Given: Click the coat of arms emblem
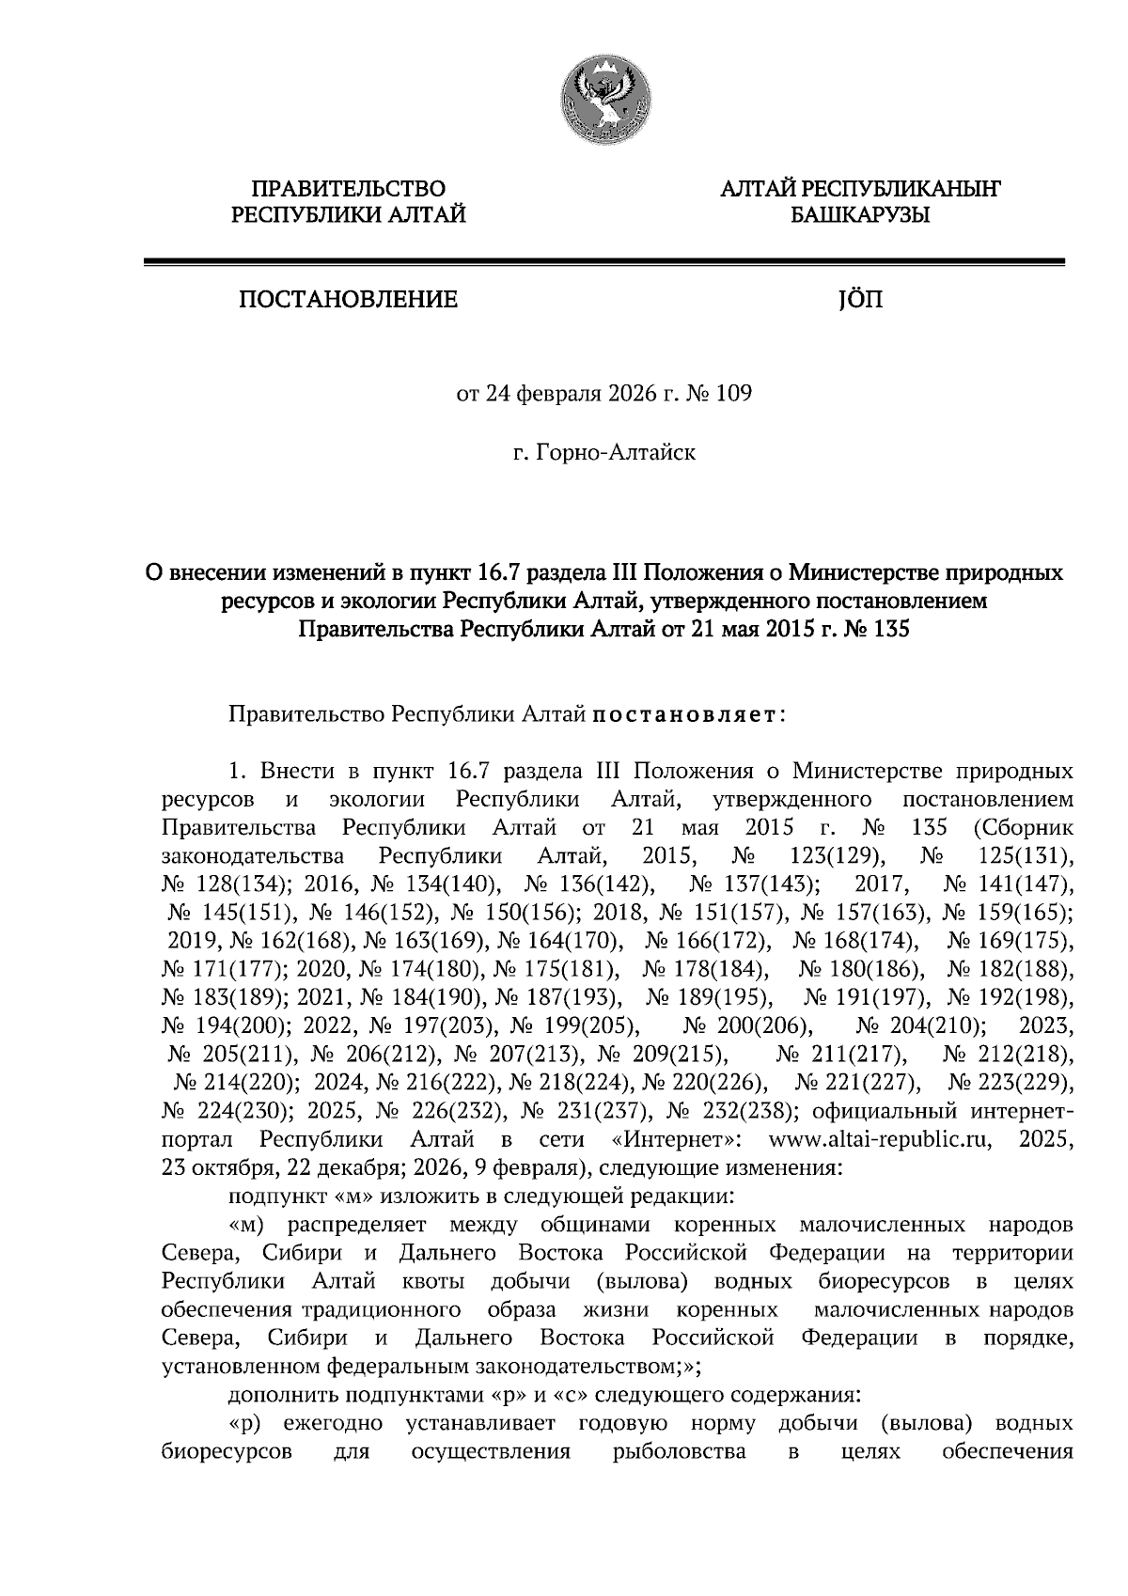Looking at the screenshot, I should pos(603,98).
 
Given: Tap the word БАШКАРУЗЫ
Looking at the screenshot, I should pos(860,216).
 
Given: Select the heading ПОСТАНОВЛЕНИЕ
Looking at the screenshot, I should pos(349,301).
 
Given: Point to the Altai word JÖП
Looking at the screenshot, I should pos(859,301).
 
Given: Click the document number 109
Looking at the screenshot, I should pos(733,395).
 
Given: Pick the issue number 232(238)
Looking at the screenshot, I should pos(747,1112).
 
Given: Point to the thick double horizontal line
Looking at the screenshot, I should pos(603,263).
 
